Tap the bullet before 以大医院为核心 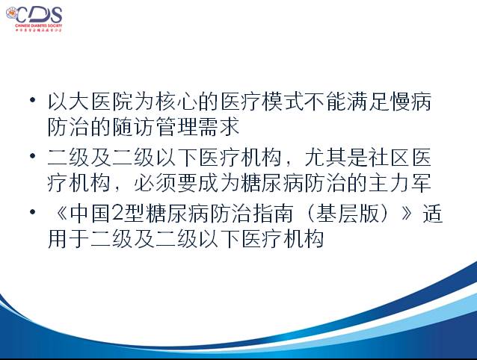[33, 99]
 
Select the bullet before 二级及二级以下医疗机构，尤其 [33, 156]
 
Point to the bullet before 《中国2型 [33, 212]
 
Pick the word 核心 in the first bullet [176, 101]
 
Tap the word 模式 [283, 101]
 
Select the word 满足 [369, 101]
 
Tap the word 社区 [390, 158]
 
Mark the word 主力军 [401, 183]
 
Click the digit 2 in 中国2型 [117, 214]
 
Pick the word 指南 [273, 214]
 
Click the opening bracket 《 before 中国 [59, 214]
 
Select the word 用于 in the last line [69, 239]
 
